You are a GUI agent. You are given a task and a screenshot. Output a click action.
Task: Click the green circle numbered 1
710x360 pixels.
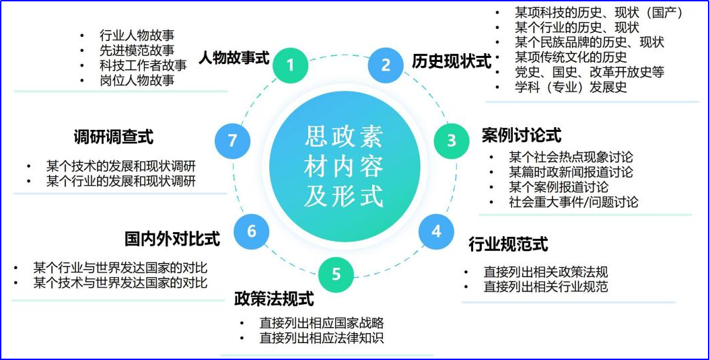(x=290, y=65)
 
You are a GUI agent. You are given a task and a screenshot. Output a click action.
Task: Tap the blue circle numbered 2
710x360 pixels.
(x=386, y=65)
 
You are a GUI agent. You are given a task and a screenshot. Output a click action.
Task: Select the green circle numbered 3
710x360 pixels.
(x=452, y=140)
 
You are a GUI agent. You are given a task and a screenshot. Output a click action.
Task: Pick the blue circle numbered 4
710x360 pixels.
(x=436, y=231)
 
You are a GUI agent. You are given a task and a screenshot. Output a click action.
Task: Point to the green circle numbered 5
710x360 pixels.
(x=336, y=274)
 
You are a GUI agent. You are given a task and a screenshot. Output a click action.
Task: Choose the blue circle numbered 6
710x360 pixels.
(x=251, y=231)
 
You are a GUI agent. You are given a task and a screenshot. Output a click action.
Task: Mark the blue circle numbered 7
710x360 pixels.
(x=233, y=140)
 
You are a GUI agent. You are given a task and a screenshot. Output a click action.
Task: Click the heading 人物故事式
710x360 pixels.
(x=234, y=58)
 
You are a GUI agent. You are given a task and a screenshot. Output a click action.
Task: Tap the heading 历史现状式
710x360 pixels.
(x=452, y=62)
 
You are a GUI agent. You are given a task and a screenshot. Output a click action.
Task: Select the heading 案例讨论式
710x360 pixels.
(x=521, y=135)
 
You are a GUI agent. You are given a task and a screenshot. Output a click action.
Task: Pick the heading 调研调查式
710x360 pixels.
(x=114, y=137)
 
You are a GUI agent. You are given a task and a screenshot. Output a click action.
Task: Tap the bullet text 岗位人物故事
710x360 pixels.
(x=137, y=80)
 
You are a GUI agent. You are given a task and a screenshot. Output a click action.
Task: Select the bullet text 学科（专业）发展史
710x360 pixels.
(x=571, y=87)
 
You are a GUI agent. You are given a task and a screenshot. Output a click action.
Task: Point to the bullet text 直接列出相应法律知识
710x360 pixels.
(x=322, y=338)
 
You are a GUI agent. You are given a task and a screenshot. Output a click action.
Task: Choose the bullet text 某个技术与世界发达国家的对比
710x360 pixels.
(x=120, y=283)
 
